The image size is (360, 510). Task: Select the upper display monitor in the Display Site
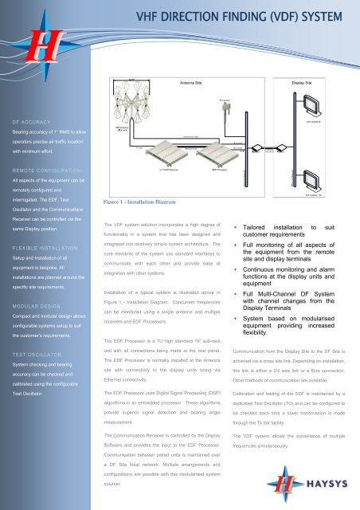[323, 103]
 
